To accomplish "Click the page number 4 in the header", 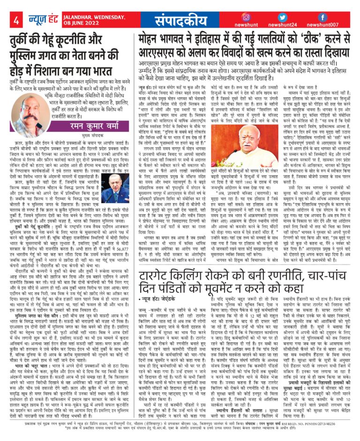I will (x=16, y=21).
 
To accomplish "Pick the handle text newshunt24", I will (x=285, y=26).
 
